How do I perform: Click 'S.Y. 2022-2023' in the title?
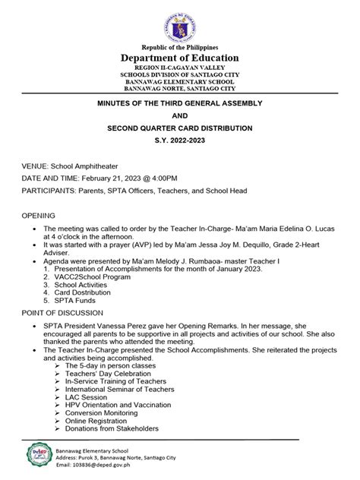click(x=181, y=141)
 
